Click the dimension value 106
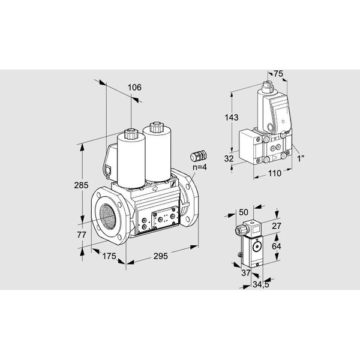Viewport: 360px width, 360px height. point(134,88)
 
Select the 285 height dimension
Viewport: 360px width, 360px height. point(81,185)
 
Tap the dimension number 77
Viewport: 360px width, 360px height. point(82,235)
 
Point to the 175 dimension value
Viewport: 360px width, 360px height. point(109,256)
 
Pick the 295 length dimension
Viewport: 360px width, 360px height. point(161,256)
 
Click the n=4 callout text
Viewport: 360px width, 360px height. point(200,167)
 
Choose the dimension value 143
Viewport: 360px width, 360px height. point(232,118)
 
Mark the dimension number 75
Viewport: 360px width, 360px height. point(278,74)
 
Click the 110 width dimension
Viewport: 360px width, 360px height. point(275,173)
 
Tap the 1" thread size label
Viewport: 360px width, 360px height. point(301,158)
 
